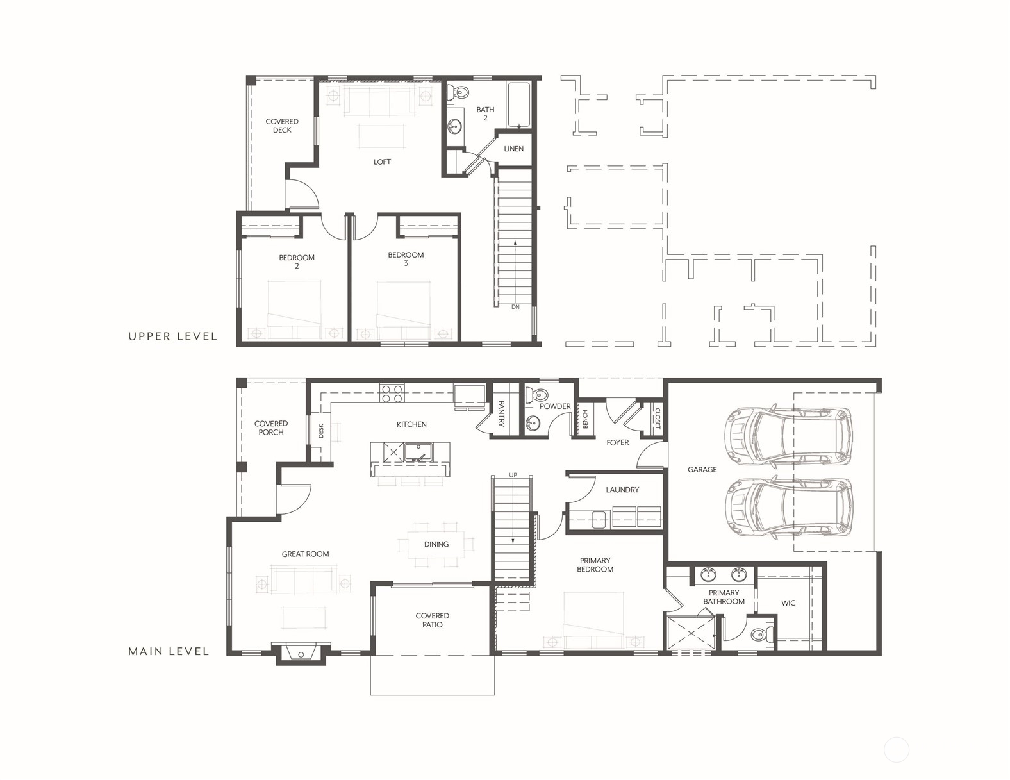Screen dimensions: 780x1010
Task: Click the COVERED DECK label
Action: point(282,126)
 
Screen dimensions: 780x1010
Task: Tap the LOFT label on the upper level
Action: point(382,162)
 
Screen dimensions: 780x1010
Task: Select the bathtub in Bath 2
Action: point(518,105)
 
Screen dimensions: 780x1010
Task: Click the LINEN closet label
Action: point(513,149)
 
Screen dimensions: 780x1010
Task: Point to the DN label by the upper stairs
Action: point(515,307)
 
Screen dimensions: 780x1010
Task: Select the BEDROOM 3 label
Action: point(406,259)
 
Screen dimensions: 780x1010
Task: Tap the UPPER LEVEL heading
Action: point(172,336)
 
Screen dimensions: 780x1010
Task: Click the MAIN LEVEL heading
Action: point(169,652)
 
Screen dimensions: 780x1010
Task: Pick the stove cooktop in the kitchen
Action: point(391,394)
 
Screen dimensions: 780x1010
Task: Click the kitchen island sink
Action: point(418,452)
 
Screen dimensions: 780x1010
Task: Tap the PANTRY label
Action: point(501,414)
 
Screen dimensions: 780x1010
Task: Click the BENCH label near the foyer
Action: point(585,420)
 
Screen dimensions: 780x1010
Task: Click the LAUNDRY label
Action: point(622,490)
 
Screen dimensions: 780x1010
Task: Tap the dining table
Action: point(436,544)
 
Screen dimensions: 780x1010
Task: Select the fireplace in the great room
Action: point(302,654)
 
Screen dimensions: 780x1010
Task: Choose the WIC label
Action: point(788,603)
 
